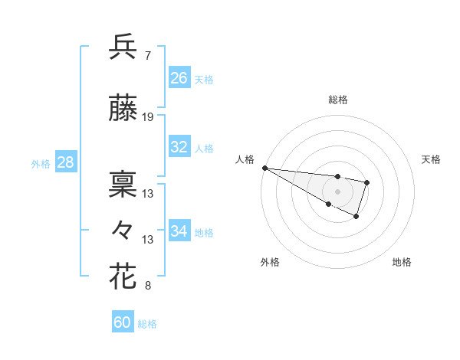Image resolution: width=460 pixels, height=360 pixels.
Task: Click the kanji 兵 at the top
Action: [x=123, y=47]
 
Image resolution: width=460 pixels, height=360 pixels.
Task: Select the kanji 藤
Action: [x=123, y=110]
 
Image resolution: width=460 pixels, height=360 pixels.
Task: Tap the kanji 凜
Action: [x=123, y=184]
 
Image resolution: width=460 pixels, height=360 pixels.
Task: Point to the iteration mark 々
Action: [x=123, y=230]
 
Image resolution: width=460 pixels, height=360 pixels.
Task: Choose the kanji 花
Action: [x=123, y=276]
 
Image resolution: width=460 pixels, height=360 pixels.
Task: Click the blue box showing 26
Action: [x=179, y=78]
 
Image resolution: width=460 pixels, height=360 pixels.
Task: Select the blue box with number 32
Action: [x=179, y=147]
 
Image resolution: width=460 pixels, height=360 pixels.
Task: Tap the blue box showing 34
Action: [x=179, y=231]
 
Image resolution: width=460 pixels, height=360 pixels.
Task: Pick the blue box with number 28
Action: [x=64, y=162]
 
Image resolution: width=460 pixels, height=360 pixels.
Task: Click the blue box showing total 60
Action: [x=123, y=322]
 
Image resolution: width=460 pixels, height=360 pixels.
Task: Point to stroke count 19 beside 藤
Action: [x=148, y=117]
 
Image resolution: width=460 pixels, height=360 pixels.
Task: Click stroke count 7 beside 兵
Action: [x=147, y=56]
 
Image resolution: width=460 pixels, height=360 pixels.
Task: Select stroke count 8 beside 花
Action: [x=147, y=286]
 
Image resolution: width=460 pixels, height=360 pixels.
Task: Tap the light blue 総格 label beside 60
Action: [x=148, y=324]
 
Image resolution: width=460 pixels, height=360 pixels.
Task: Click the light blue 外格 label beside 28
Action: [x=41, y=164]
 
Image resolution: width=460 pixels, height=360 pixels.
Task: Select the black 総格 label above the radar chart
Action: [x=338, y=100]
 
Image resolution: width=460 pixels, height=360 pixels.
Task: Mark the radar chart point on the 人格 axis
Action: [x=264, y=168]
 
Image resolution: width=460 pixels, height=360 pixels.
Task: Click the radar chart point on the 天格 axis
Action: [x=367, y=182]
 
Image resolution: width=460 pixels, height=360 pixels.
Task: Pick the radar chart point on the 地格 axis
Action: [x=356, y=217]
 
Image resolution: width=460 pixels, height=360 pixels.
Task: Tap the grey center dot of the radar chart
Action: [x=337, y=191]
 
